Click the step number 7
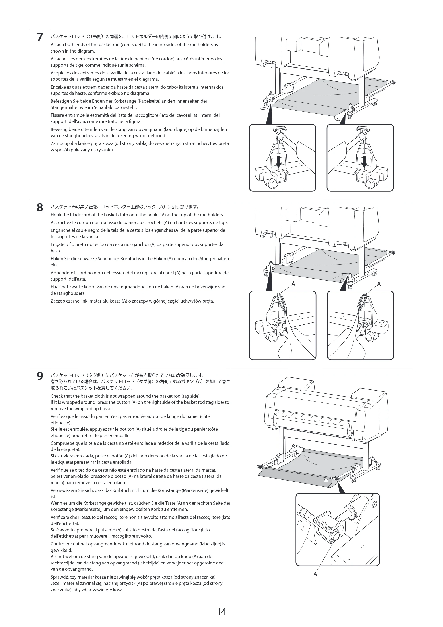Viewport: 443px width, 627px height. click(x=40, y=37)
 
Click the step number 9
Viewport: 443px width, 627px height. click(x=40, y=376)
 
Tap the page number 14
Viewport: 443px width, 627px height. click(x=222, y=612)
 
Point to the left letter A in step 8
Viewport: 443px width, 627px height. click(x=293, y=284)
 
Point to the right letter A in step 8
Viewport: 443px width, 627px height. click(x=379, y=284)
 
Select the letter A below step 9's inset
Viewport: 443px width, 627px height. click(x=315, y=574)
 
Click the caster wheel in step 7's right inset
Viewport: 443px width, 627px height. click(x=370, y=184)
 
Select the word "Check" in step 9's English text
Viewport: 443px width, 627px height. click(x=56, y=396)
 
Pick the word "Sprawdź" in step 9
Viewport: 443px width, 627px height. click(x=59, y=577)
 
